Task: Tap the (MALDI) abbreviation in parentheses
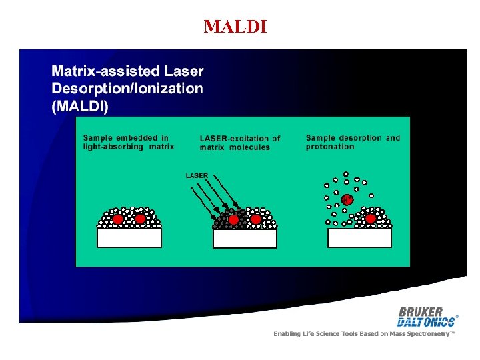tap(80, 107)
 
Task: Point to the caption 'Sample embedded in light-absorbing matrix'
tap(128, 143)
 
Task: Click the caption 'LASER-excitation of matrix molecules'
tap(240, 143)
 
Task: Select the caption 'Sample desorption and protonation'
tap(353, 143)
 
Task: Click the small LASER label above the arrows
tap(197, 175)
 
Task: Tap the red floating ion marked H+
tap(347, 199)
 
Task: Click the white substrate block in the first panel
tap(129, 237)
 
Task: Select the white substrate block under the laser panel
tap(245, 238)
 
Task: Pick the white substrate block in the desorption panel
tap(360, 237)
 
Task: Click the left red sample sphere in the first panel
tap(118, 219)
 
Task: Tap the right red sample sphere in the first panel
tap(140, 219)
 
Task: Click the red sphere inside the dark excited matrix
tap(233, 219)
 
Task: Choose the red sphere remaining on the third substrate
tap(370, 218)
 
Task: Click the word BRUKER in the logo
tap(421, 311)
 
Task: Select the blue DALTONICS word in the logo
tap(426, 322)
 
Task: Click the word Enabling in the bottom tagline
tap(287, 333)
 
